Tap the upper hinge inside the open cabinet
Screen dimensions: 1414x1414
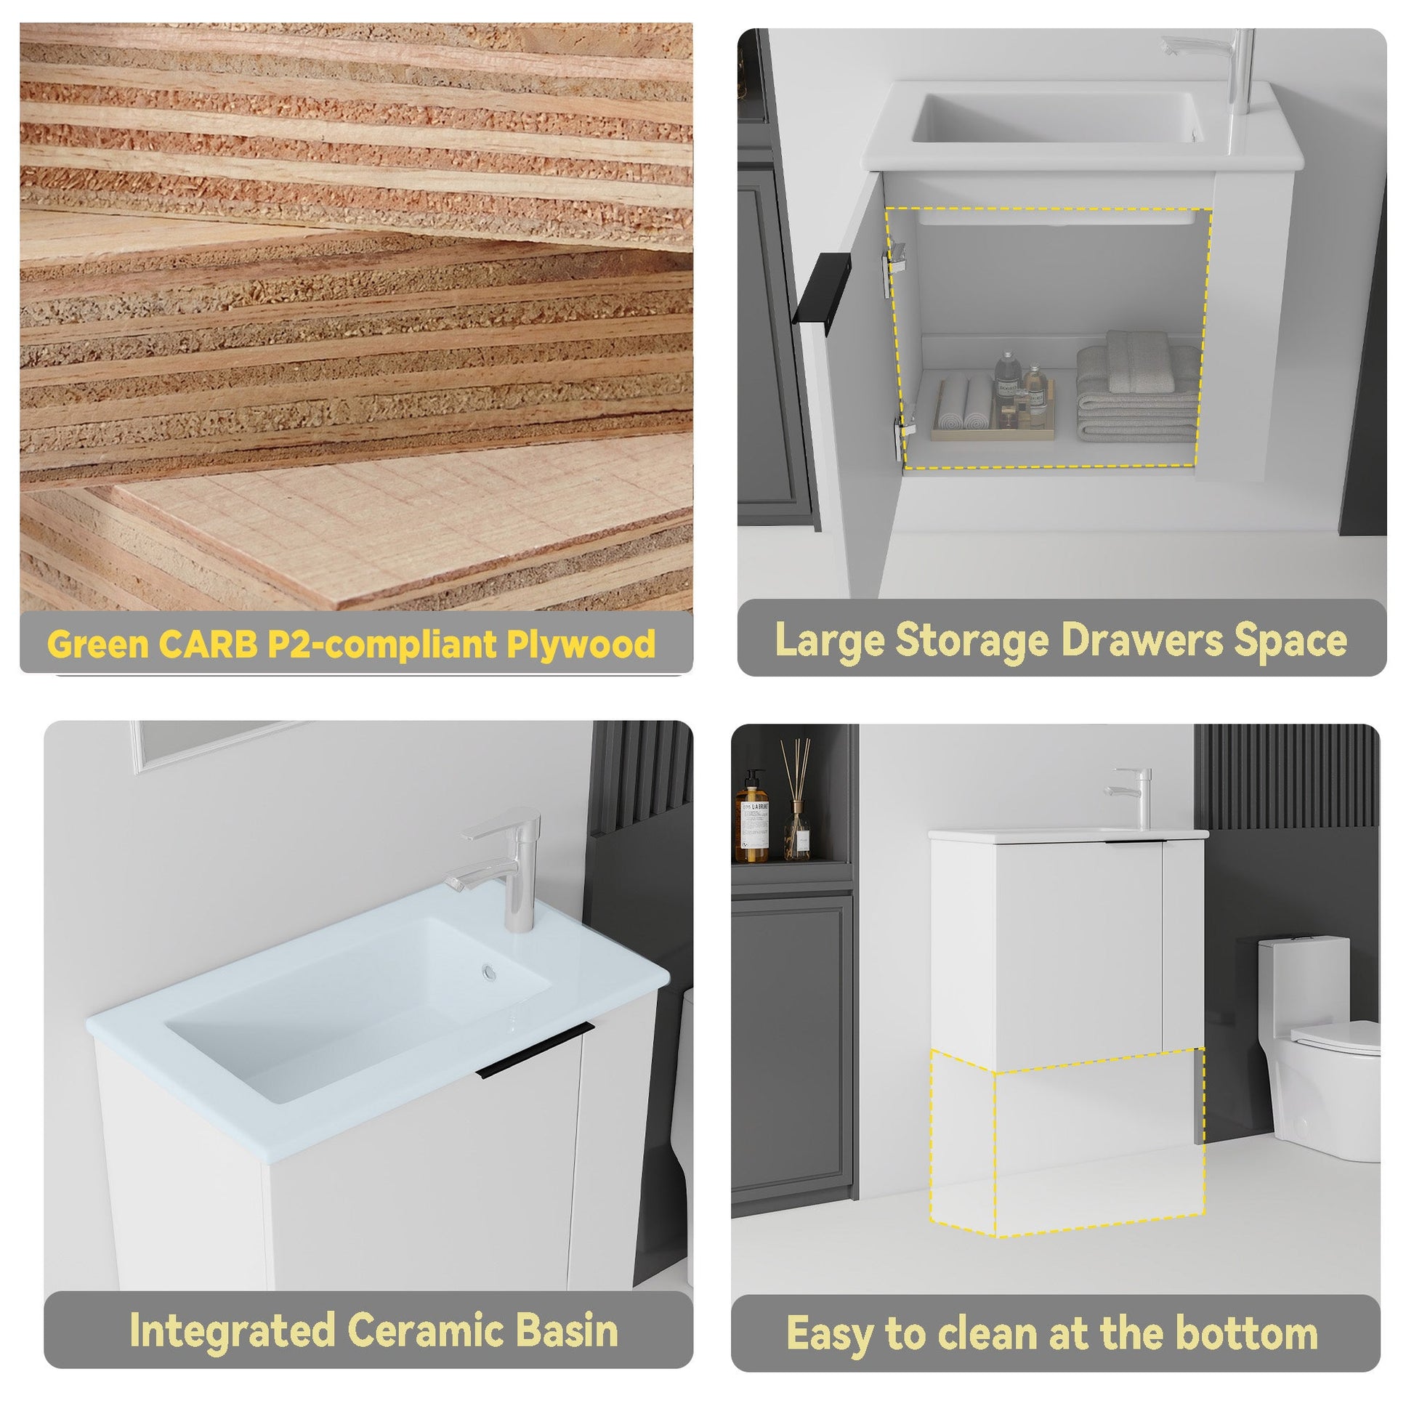point(896,268)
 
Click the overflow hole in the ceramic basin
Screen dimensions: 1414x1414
point(489,971)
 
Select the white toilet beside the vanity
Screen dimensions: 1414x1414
point(1319,1049)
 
